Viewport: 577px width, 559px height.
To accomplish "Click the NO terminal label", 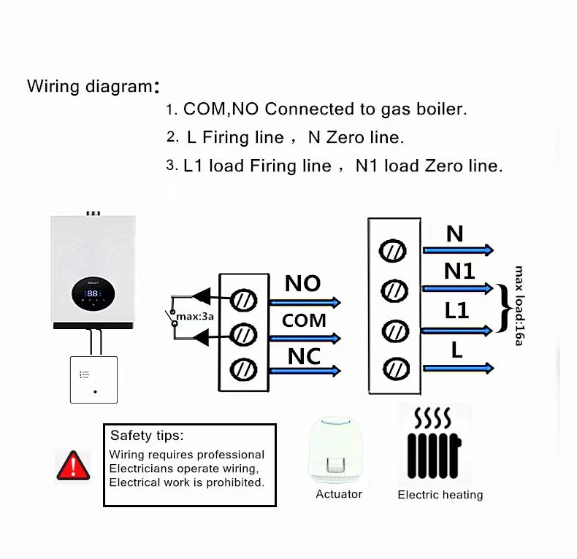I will pyautogui.click(x=302, y=283).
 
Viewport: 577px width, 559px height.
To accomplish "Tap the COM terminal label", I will pyautogui.click(x=304, y=321).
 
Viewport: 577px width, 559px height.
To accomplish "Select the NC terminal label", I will pyautogui.click(x=304, y=356).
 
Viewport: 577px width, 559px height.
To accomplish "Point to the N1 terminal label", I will pyautogui.click(x=459, y=271).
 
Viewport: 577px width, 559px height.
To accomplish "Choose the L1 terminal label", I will pyautogui.click(x=456, y=311).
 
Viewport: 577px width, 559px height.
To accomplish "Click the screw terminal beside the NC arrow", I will pyautogui.click(x=242, y=369).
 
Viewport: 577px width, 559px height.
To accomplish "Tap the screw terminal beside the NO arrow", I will pyautogui.click(x=242, y=299).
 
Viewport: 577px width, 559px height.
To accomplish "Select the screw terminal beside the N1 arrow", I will pyautogui.click(x=394, y=291).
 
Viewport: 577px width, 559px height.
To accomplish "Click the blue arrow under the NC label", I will pyautogui.click(x=305, y=371).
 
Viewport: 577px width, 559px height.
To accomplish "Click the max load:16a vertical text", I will pyautogui.click(x=519, y=305).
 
